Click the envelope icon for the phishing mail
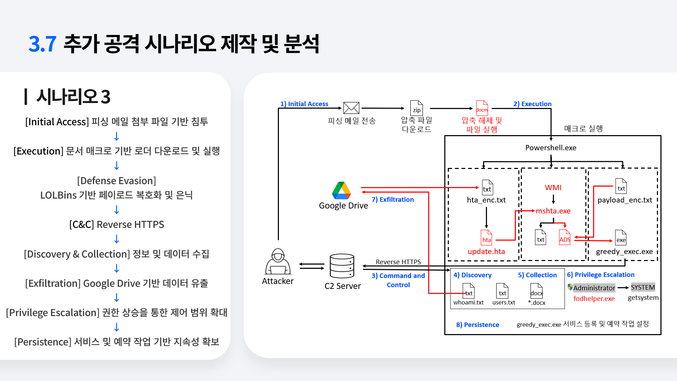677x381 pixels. (351, 108)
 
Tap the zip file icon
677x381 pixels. (416, 108)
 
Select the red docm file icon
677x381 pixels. (482, 108)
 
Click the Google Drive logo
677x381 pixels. (341, 190)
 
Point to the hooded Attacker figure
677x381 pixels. (278, 261)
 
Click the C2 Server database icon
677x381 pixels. (342, 266)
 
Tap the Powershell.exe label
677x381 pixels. (551, 148)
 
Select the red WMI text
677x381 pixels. (553, 188)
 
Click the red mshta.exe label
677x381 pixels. (553, 211)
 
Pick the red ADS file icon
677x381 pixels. (565, 237)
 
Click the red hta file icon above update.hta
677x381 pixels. (487, 237)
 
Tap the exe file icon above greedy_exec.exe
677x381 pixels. (621, 237)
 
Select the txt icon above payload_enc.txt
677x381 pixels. (621, 186)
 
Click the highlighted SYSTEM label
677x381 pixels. (643, 288)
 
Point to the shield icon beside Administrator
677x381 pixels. (570, 287)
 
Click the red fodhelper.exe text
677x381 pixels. (594, 299)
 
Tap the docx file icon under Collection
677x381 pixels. (537, 291)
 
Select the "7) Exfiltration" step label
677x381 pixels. (393, 200)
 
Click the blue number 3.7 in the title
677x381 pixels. (42, 44)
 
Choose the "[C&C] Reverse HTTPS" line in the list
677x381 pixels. (117, 225)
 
